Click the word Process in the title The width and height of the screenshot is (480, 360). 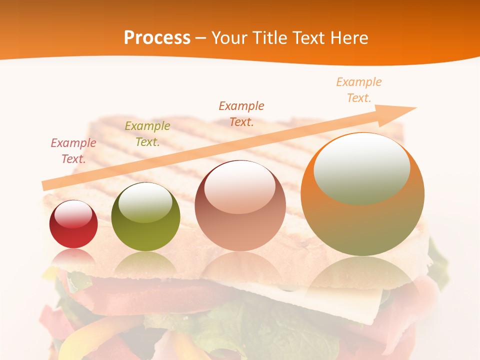[x=157, y=38]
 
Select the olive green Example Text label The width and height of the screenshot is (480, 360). [x=147, y=134]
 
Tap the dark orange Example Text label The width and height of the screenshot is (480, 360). [x=241, y=114]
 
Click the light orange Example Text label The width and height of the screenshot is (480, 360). [x=358, y=90]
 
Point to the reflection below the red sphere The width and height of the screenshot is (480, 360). [x=73, y=258]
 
